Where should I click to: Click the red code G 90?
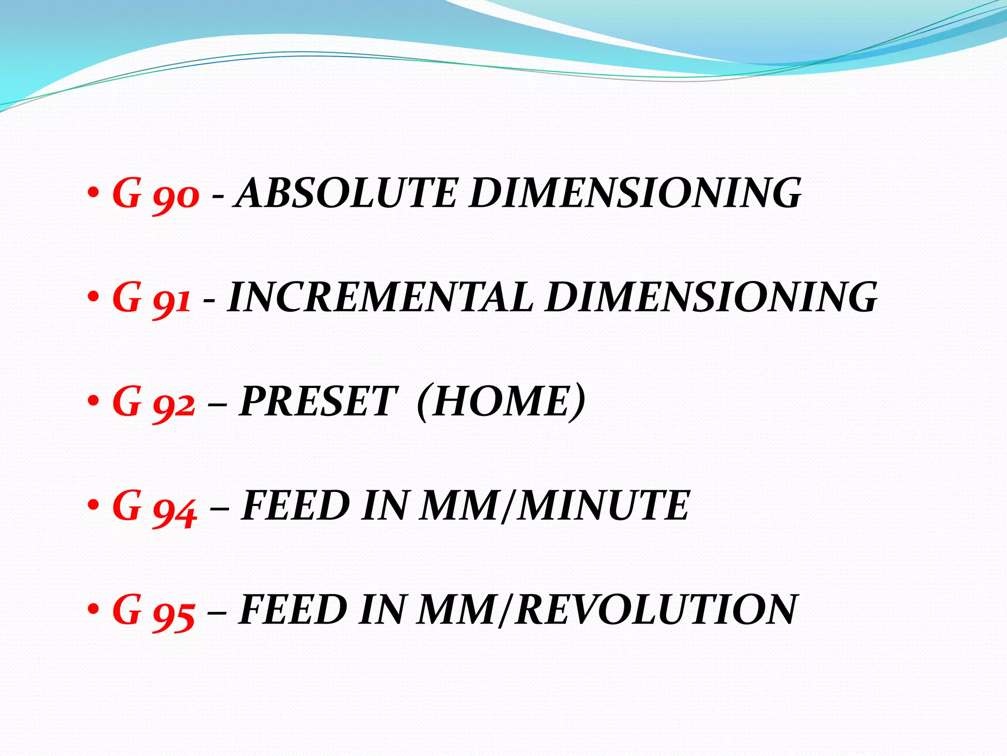point(156,193)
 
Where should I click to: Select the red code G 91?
point(151,298)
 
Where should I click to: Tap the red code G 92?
point(154,402)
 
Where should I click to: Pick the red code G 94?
point(155,506)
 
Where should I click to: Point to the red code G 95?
point(154,611)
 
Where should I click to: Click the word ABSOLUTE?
point(346,193)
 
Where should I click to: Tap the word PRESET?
point(318,402)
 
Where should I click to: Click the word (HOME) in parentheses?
point(501,402)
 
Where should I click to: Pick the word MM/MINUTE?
point(555,506)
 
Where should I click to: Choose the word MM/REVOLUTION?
point(606,611)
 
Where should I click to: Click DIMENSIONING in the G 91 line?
point(711,298)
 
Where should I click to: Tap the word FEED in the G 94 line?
point(295,506)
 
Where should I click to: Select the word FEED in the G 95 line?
point(293,611)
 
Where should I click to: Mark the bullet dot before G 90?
point(93,193)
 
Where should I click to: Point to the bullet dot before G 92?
point(93,402)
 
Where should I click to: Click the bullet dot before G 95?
point(93,610)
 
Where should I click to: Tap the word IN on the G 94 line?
point(385,506)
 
